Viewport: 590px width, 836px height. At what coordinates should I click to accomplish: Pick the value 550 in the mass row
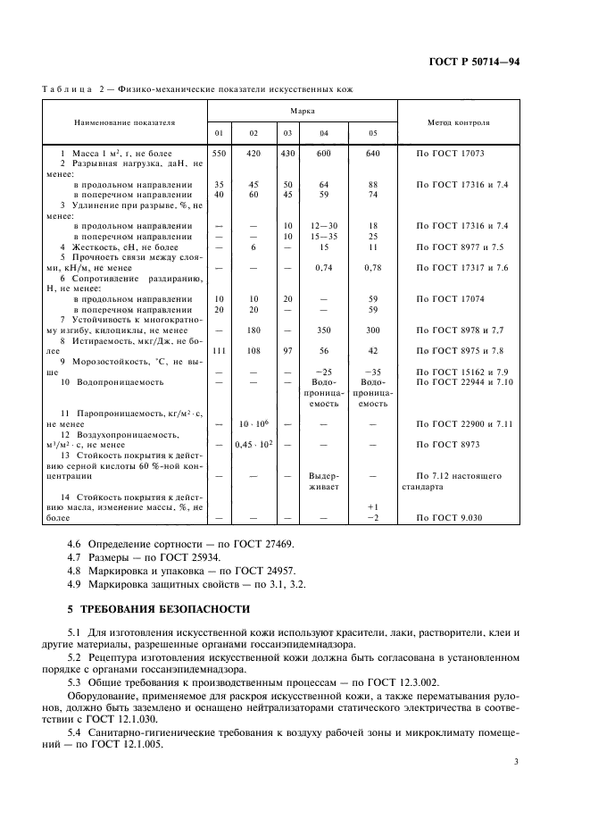coord(219,155)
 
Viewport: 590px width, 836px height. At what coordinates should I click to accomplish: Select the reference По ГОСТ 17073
coord(450,155)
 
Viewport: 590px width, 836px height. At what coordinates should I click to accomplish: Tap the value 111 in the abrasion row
coord(219,351)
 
